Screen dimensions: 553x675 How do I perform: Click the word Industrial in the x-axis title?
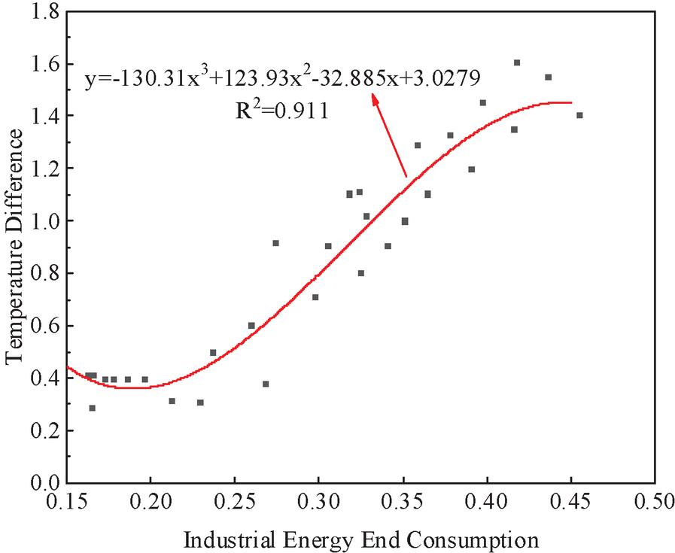pyautogui.click(x=226, y=539)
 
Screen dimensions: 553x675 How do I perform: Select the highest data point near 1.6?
pyautogui.click(x=517, y=62)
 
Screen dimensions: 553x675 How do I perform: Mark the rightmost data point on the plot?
pyautogui.click(x=579, y=115)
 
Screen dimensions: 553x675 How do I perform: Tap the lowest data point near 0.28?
pyautogui.click(x=93, y=408)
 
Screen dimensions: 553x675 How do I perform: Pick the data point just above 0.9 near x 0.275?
pyautogui.click(x=275, y=243)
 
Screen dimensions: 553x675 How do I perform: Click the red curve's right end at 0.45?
pyautogui.click(x=571, y=102)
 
